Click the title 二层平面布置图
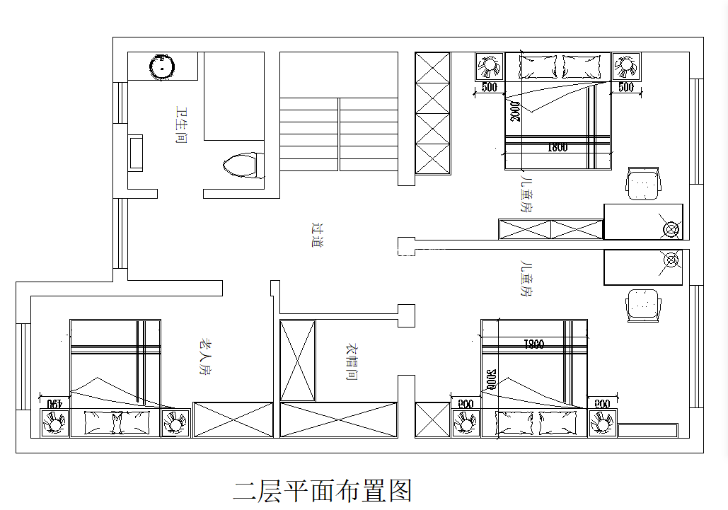point(322,490)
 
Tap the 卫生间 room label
point(181,126)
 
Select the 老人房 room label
point(204,357)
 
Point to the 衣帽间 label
point(349,362)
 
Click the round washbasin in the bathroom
point(163,67)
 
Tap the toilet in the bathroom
point(242,166)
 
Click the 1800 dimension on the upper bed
point(557,149)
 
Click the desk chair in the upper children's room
point(643,184)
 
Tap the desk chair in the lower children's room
point(643,305)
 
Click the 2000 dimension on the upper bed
point(514,110)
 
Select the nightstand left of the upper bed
point(488,66)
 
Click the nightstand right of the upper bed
point(625,66)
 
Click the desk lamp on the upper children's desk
point(669,228)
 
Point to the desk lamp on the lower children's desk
point(669,260)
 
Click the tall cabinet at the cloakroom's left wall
point(298,360)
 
